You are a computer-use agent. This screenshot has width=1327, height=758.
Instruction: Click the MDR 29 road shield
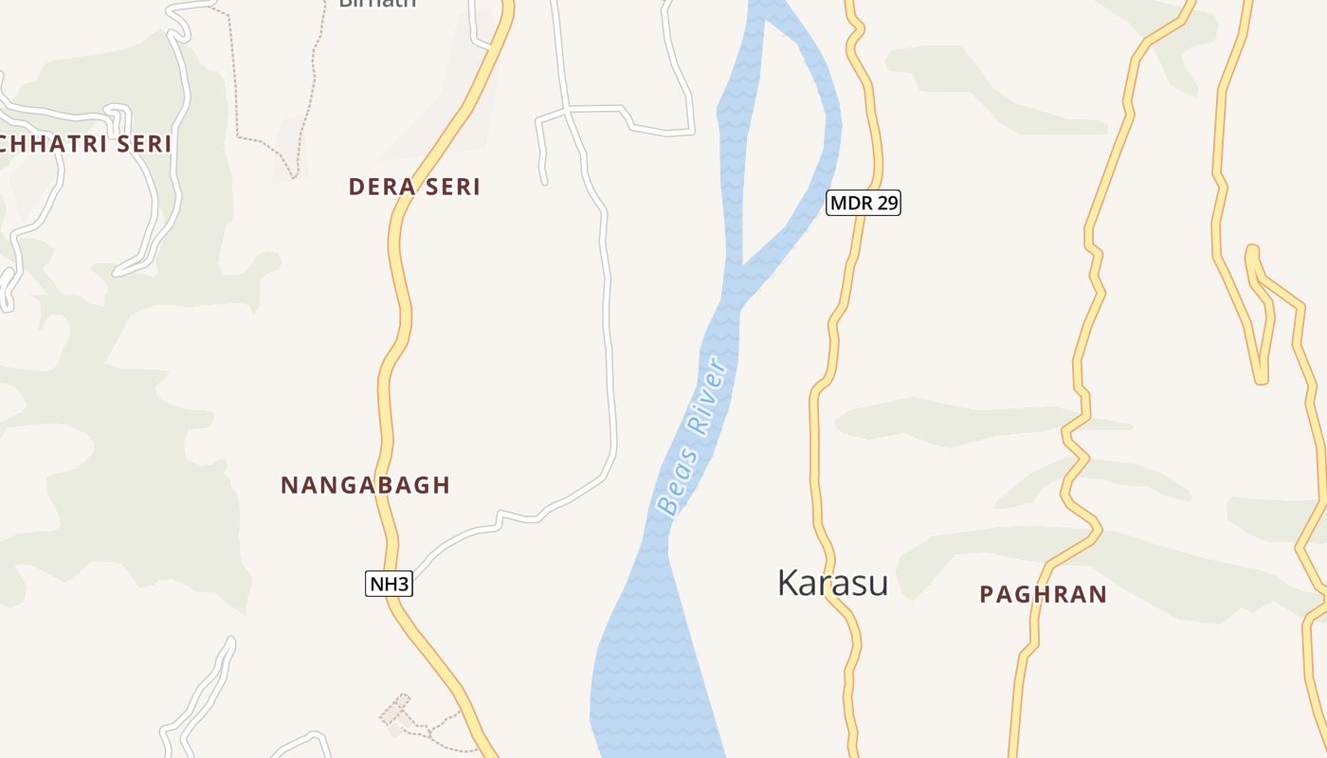pyautogui.click(x=863, y=202)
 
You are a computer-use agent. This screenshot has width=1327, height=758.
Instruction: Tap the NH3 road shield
pyautogui.click(x=389, y=584)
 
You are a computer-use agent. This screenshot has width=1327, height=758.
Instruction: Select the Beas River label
pyautogui.click(x=694, y=436)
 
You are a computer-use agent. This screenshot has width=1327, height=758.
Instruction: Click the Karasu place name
pyautogui.click(x=832, y=583)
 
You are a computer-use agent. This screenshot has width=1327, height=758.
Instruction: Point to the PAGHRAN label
pyautogui.click(x=1043, y=594)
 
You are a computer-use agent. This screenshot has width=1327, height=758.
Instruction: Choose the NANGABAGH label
pyautogui.click(x=365, y=485)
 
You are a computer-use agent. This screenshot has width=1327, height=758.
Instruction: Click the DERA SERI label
pyautogui.click(x=414, y=187)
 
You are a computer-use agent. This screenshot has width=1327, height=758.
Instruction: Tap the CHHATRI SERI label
pyautogui.click(x=85, y=144)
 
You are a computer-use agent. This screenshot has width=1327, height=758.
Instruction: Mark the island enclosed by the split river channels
pyautogui.click(x=782, y=142)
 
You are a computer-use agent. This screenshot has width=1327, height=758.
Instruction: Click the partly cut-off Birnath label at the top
pyautogui.click(x=377, y=4)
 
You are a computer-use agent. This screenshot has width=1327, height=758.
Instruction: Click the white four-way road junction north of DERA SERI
pyautogui.click(x=567, y=111)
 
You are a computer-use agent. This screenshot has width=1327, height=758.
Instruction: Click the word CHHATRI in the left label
pyautogui.click(x=52, y=144)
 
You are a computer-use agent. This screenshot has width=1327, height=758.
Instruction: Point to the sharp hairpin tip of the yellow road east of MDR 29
pyautogui.click(x=1261, y=379)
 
